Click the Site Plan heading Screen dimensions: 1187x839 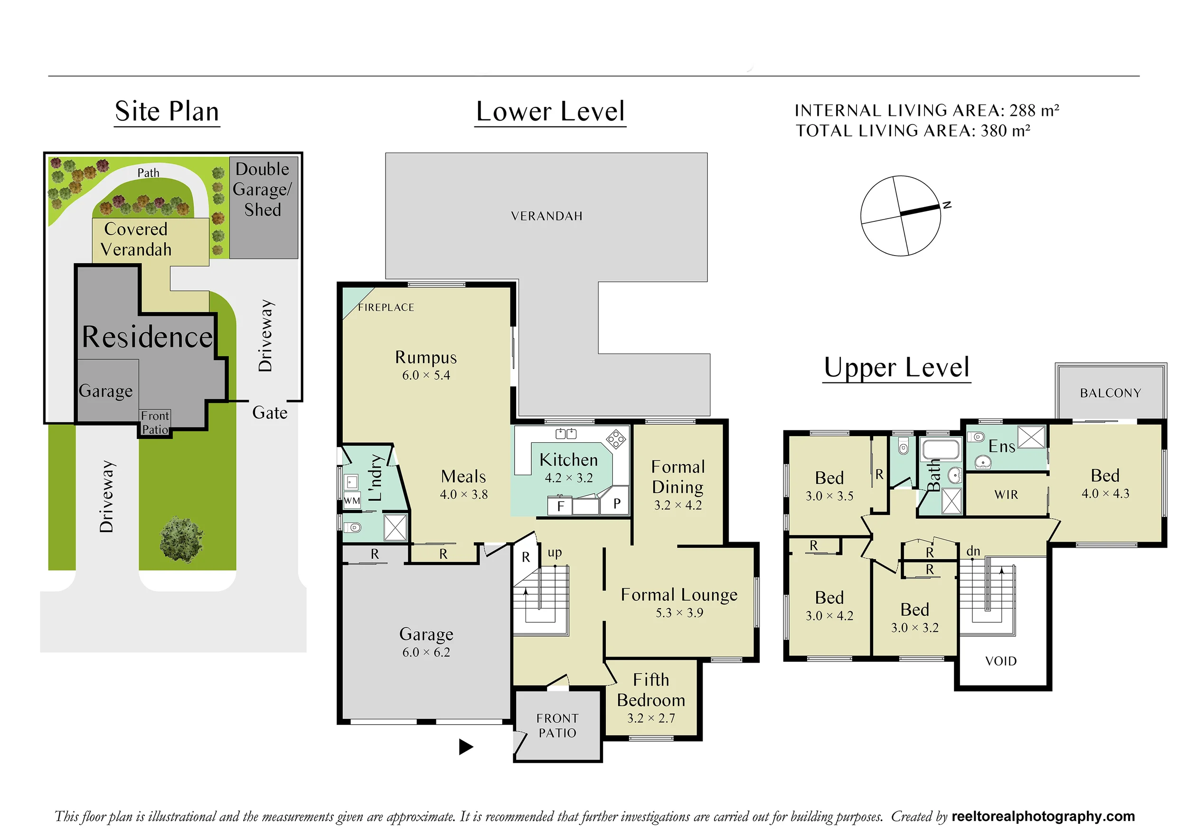click(167, 111)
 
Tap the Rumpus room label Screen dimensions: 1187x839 click(426, 357)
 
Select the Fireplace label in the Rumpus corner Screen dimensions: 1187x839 click(386, 307)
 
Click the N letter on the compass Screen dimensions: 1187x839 click(947, 205)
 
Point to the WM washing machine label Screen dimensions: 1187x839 click(352, 501)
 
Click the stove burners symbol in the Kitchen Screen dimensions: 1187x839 click(616, 439)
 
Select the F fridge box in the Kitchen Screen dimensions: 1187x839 click(560, 505)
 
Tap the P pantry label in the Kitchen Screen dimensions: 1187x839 click(617, 503)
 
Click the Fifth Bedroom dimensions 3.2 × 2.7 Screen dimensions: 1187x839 click(651, 718)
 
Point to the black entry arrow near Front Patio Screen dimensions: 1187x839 click(466, 747)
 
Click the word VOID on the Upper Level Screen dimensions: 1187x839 click(1001, 661)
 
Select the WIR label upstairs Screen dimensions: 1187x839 click(1006, 495)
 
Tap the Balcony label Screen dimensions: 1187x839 click(1111, 393)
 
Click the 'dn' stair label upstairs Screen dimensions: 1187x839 click(973, 552)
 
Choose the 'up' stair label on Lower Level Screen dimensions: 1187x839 click(555, 553)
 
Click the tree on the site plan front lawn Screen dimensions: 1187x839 click(181, 539)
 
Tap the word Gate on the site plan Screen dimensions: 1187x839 click(270, 413)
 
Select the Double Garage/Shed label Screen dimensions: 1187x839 click(263, 189)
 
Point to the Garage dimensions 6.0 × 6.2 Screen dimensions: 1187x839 click(426, 652)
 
